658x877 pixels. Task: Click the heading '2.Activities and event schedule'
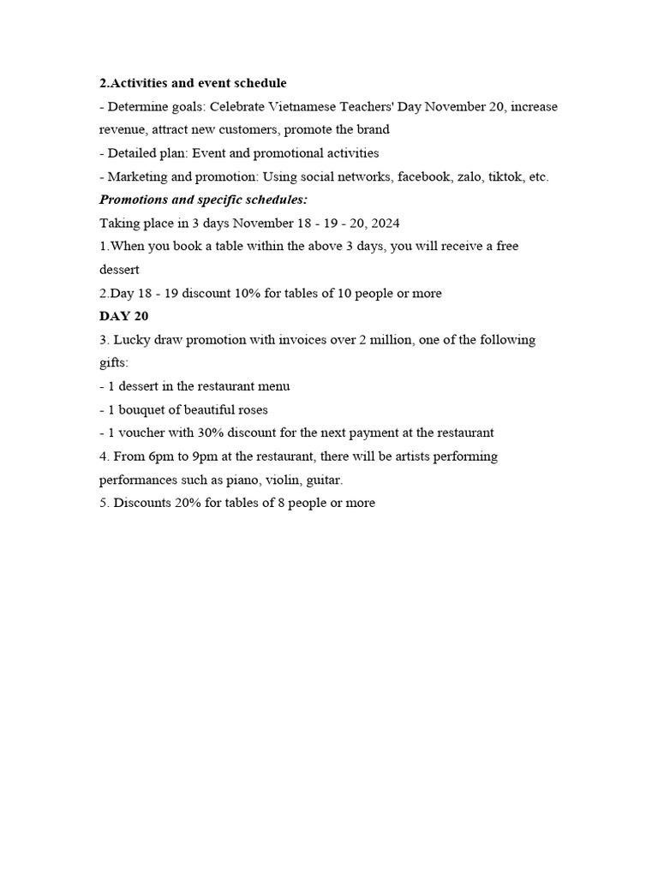click(193, 83)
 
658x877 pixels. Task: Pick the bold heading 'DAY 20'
click(124, 316)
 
